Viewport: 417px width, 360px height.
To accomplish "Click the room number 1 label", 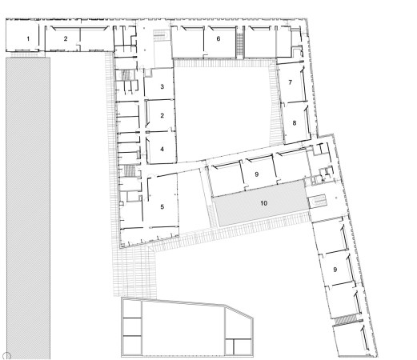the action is tap(28, 39).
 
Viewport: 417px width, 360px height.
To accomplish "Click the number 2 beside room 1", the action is tap(66, 38).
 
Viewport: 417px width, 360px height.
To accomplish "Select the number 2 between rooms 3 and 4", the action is tap(162, 115).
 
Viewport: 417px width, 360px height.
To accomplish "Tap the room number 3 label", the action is tap(162, 86).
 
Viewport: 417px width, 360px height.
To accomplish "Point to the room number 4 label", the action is tap(162, 149).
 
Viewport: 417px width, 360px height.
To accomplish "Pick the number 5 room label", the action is tap(162, 206).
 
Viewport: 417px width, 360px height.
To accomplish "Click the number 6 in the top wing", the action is tap(219, 38).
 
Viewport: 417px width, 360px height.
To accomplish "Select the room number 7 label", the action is tap(291, 82).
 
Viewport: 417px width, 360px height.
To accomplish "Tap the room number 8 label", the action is tap(295, 123).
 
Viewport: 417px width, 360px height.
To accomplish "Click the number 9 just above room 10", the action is tap(257, 174).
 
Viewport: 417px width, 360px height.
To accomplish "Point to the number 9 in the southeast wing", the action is tap(335, 270).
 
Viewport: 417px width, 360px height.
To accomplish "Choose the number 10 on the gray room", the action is tap(263, 203).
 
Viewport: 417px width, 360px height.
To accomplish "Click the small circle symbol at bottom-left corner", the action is tap(7, 355).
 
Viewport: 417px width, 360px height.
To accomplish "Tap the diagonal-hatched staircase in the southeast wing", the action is tap(347, 320).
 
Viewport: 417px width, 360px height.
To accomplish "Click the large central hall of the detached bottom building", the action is tap(183, 330).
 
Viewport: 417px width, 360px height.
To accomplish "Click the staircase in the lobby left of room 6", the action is tap(161, 35).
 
